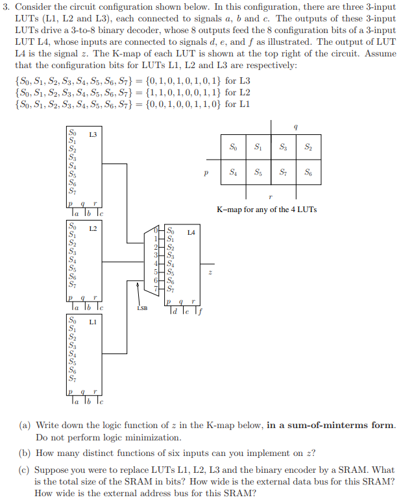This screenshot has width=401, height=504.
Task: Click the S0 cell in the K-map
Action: coord(233,147)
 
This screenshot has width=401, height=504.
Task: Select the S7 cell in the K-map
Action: coord(283,173)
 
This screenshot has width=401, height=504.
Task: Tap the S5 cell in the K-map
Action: coord(258,173)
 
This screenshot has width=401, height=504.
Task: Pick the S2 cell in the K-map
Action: coord(308,147)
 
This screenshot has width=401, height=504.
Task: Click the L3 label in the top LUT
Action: coord(93,134)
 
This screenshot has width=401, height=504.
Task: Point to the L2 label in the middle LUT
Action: coord(93,229)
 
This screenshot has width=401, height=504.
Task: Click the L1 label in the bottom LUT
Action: coord(93,321)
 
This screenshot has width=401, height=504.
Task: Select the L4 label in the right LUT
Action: coord(191,232)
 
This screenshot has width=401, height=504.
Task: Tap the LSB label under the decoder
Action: coord(143,309)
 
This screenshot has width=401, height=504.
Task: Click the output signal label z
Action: coord(210,273)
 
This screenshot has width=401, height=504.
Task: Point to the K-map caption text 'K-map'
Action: coord(229,209)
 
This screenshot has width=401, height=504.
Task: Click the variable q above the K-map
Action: coord(296,128)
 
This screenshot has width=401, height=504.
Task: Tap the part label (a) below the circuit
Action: coord(24,425)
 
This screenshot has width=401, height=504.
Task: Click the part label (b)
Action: coord(24,453)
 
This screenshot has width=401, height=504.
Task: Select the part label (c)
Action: coord(24,470)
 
